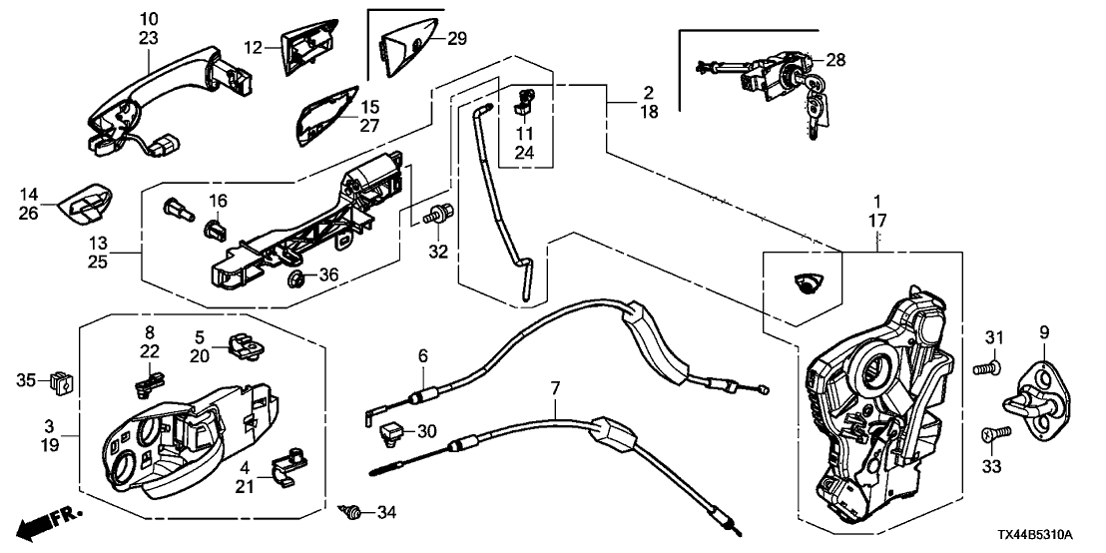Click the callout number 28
coord(835,60)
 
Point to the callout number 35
coord(26,379)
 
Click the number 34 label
coord(386,513)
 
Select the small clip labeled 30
coord(391,431)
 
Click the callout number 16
coord(218,202)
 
